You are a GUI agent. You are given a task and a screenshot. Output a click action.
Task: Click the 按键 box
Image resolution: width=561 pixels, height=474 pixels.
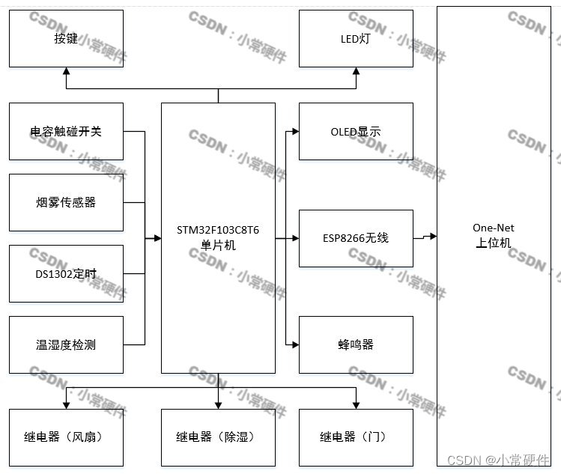(66, 38)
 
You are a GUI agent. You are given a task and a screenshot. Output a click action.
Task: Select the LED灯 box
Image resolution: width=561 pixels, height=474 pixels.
(356, 38)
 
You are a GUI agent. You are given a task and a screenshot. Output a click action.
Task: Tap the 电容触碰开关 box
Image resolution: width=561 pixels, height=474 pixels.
(66, 132)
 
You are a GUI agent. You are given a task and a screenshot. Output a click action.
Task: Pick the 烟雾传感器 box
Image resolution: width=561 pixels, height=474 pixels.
(66, 202)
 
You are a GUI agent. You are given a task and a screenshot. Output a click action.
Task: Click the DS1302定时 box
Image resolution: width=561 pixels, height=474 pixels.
(66, 273)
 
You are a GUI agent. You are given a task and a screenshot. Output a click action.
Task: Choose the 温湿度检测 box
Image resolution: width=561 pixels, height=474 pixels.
(66, 344)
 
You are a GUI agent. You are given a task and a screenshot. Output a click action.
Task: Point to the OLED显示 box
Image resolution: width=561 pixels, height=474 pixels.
(356, 132)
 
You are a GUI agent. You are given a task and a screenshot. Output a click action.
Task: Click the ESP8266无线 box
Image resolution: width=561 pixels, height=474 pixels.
(356, 238)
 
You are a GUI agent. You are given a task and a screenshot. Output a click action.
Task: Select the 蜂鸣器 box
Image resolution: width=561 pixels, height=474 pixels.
(356, 344)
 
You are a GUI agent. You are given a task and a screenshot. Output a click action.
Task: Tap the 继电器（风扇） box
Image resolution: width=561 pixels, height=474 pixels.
(66, 437)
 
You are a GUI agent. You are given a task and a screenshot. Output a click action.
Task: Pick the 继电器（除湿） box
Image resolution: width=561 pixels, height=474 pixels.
(218, 437)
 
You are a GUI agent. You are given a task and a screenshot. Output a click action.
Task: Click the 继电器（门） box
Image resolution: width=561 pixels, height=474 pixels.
(356, 437)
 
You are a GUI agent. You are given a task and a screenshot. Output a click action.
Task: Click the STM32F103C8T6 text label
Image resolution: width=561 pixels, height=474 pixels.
(218, 230)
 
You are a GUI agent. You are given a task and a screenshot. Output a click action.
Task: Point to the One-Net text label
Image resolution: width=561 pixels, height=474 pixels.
(494, 228)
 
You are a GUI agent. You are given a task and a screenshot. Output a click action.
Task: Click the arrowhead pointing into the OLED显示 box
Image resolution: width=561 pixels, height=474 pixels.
(295, 132)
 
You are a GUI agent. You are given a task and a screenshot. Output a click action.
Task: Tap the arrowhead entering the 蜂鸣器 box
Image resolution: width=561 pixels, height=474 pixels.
(295, 344)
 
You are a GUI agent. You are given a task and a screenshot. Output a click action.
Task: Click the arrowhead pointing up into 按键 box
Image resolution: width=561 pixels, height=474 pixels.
(67, 71)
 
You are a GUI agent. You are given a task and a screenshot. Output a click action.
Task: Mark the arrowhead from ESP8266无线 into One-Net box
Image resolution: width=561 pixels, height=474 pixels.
(433, 236)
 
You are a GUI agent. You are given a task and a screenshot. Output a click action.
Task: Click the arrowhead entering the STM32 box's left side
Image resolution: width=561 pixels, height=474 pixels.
(157, 238)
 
